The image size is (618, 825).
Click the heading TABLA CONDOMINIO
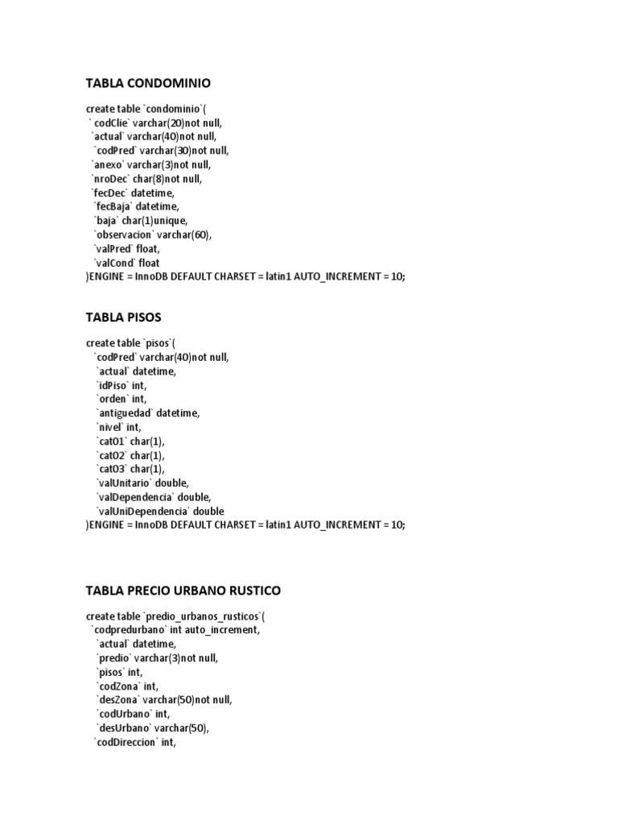point(148,83)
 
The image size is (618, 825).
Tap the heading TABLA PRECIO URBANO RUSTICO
point(183,591)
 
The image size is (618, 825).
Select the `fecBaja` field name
point(115,206)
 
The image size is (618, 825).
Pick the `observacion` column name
point(125,234)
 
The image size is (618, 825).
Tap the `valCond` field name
point(115,263)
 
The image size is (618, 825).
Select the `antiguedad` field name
point(124,413)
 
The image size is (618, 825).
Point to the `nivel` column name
point(109,427)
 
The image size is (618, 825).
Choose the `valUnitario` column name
point(124,483)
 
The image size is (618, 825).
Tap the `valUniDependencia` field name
point(141,511)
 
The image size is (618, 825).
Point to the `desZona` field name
point(117,700)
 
